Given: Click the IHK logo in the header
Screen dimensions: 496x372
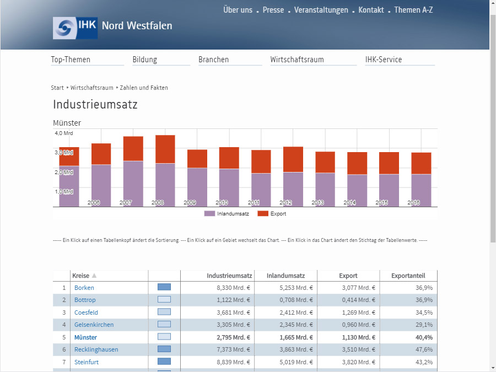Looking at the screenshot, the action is click(x=75, y=28).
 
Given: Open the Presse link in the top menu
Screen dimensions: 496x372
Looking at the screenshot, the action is click(x=273, y=10).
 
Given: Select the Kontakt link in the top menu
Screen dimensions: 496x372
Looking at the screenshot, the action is click(x=371, y=10).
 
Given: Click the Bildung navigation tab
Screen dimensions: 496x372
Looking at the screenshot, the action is click(x=144, y=60).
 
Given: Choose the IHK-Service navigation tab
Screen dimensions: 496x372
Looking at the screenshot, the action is click(x=384, y=60).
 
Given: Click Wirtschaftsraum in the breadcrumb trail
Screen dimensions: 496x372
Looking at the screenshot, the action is click(x=91, y=88).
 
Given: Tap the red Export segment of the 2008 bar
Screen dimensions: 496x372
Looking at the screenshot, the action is click(x=165, y=149).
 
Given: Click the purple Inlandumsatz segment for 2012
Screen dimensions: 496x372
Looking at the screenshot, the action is click(x=293, y=190).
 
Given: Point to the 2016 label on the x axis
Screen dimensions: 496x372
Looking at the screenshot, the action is click(x=413, y=202).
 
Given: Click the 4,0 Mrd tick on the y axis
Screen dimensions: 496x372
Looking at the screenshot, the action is click(x=64, y=133).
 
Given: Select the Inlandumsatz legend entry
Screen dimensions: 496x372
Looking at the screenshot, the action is click(x=227, y=213).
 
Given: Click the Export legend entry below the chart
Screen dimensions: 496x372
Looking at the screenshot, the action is click(x=272, y=213).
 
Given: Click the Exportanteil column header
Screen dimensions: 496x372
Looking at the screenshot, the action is click(x=408, y=276).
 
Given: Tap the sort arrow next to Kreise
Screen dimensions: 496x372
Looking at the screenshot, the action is click(x=94, y=276).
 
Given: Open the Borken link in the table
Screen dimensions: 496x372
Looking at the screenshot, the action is click(x=84, y=288).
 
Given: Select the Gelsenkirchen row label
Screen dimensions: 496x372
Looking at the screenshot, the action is click(x=94, y=325).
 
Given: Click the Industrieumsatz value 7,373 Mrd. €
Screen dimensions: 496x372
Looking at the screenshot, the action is click(x=233, y=349).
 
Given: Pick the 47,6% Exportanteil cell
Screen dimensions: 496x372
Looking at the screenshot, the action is click(x=424, y=349).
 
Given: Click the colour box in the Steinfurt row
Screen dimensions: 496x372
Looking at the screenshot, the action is click(x=164, y=361).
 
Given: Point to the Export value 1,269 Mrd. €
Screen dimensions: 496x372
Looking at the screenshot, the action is click(x=358, y=312).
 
